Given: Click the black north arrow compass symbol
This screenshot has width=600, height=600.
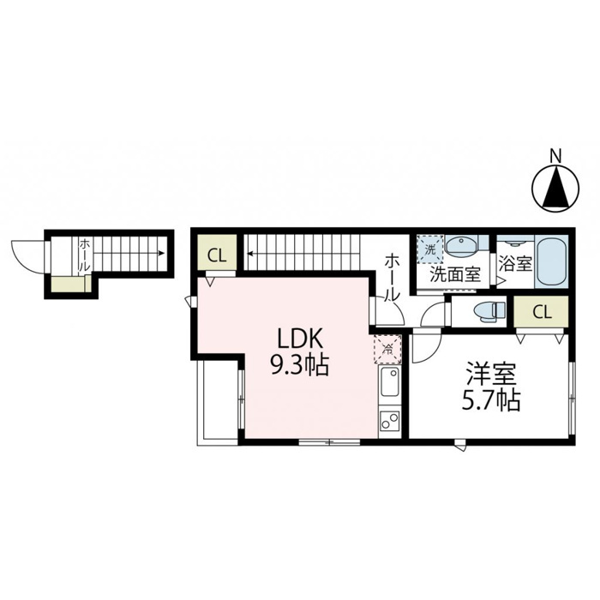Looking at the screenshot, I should [555, 189].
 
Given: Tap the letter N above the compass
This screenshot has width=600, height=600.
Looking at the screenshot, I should [555, 156].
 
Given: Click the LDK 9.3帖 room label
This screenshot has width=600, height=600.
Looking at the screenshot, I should [299, 352].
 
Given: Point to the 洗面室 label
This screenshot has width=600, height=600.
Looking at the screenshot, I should [454, 276].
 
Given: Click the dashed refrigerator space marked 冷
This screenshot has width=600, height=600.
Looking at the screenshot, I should [387, 349].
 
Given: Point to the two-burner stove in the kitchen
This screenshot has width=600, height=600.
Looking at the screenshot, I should [388, 422].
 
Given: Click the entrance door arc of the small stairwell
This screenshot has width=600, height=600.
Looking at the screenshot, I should [26, 254].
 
